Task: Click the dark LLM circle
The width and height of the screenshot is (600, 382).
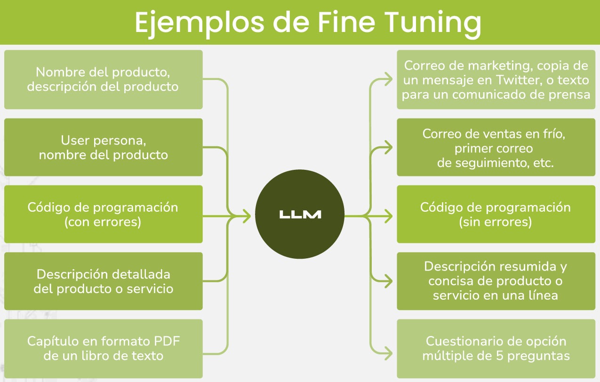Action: click(300, 215)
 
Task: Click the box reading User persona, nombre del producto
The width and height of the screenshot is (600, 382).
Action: click(103, 147)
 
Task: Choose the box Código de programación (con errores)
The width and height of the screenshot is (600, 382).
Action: click(103, 214)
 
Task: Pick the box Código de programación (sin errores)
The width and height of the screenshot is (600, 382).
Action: click(496, 214)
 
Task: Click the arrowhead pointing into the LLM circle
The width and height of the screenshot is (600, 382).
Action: click(246, 216)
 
